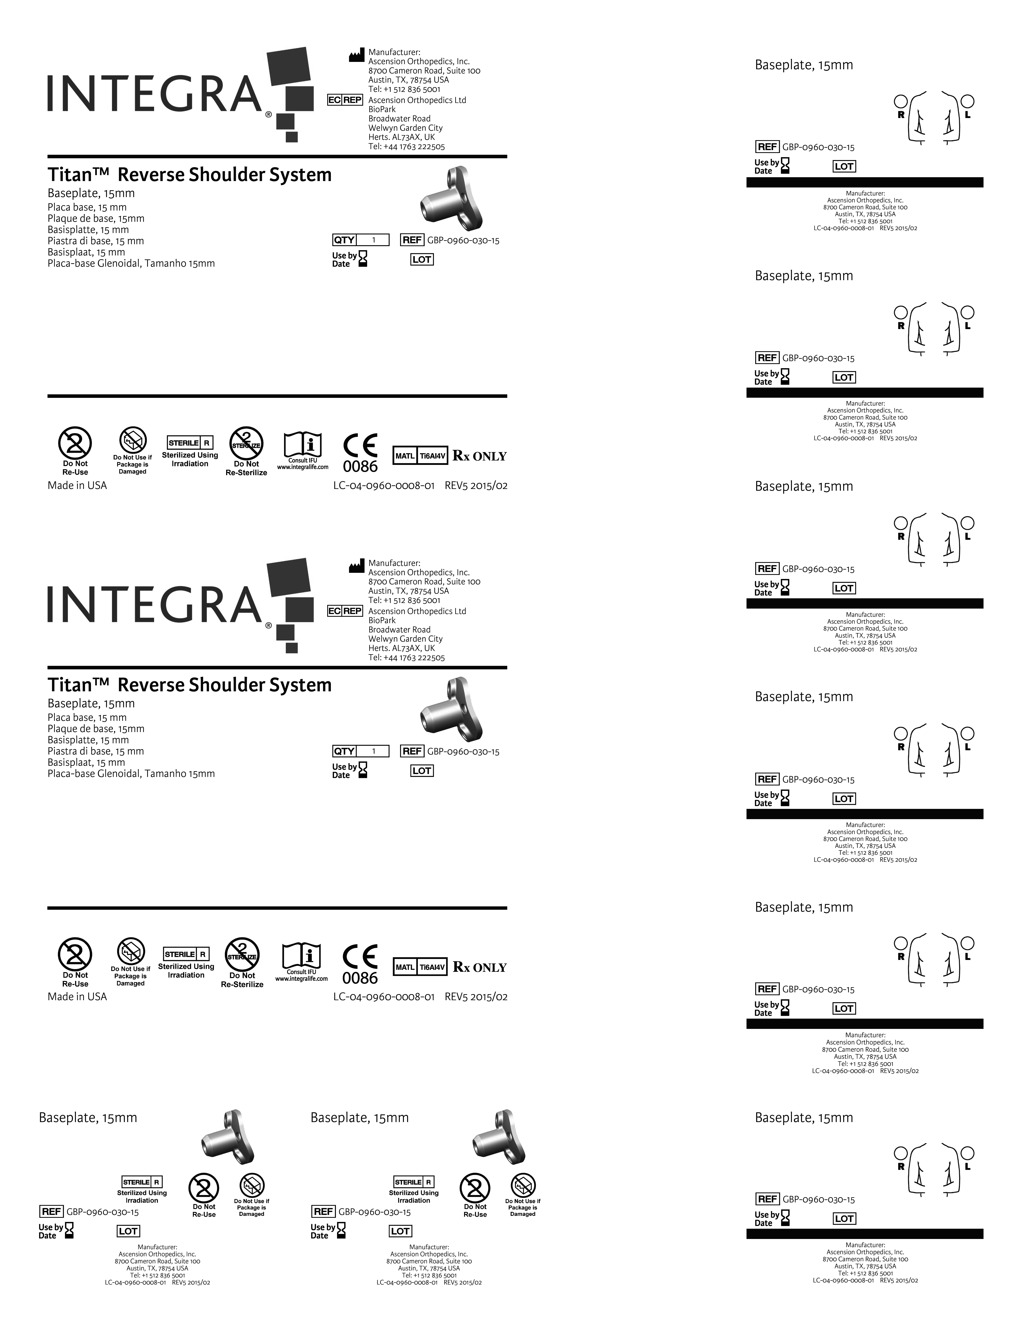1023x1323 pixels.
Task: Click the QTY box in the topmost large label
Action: coord(361,240)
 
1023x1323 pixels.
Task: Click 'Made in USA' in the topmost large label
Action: coord(77,485)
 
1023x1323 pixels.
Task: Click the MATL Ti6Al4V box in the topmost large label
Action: coord(421,456)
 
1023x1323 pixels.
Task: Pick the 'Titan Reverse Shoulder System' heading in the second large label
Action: coord(190,685)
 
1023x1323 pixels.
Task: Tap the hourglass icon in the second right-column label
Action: coord(786,377)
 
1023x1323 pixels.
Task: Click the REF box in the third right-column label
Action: coord(767,569)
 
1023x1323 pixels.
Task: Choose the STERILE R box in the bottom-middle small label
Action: coord(413,1182)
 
